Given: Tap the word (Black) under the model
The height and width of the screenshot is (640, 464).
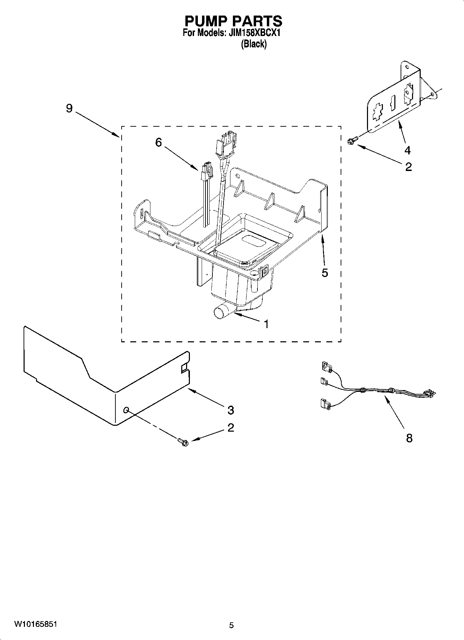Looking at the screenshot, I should [x=254, y=44].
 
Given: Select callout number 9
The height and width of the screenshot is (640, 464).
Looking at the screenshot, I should [x=69, y=108].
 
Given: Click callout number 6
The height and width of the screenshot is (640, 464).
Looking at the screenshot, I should [x=158, y=142].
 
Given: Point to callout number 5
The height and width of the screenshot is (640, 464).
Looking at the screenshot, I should [x=325, y=273].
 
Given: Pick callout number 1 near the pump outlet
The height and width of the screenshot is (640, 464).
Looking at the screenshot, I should [x=266, y=324].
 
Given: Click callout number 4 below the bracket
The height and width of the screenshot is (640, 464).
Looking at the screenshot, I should [x=408, y=150].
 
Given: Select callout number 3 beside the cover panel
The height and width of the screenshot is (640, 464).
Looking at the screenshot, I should [x=230, y=410].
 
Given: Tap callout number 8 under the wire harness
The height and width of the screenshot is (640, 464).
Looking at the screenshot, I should [x=409, y=438].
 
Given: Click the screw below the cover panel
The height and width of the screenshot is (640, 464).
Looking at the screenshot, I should [x=183, y=442].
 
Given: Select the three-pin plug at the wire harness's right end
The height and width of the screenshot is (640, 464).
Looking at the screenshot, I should [x=429, y=393].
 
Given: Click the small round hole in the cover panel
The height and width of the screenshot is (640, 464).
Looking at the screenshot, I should [x=126, y=410].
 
